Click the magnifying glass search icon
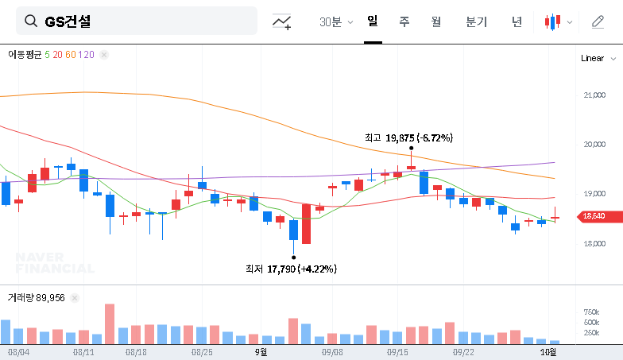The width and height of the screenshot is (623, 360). tap(31, 21)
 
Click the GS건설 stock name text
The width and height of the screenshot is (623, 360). tap(68, 21)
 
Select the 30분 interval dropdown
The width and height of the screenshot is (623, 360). tap(336, 22)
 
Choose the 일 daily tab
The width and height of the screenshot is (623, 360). tap(373, 21)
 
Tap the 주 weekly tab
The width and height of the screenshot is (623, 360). tap(404, 22)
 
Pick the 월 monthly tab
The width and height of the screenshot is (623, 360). tap(436, 22)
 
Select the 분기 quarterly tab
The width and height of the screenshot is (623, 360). tap(477, 22)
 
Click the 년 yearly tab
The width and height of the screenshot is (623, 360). tap(517, 22)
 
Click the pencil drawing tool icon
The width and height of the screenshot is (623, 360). tap(598, 22)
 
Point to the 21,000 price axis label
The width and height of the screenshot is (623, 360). tap(594, 95)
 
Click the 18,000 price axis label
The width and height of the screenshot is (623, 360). tap(594, 243)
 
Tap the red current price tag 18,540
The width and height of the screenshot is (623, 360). tap(594, 216)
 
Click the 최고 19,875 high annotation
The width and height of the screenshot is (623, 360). tap(408, 137)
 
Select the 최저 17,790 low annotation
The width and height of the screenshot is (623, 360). tap(291, 269)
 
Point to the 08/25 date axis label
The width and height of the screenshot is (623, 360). tap(202, 350)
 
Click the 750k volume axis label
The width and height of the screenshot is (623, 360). tap(591, 312)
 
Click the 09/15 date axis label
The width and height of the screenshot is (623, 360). tap(397, 350)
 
